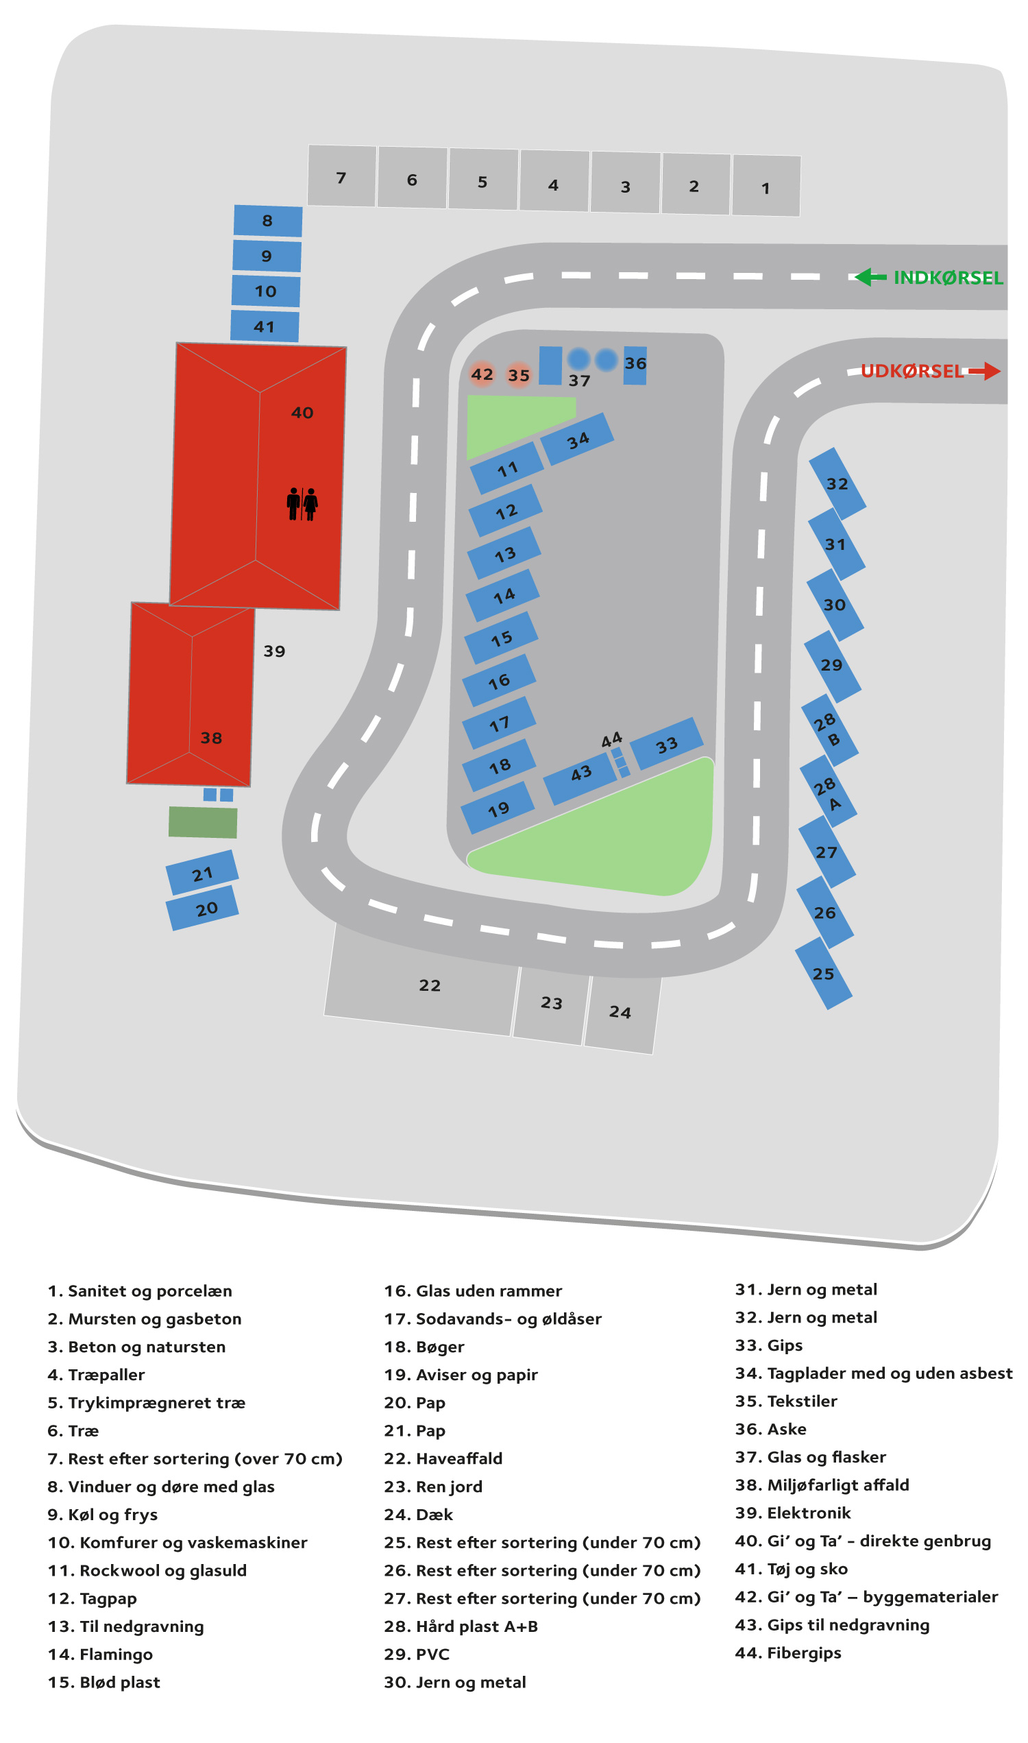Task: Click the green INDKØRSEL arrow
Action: pos(871,277)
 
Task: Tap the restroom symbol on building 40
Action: pos(302,505)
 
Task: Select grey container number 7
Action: pos(341,176)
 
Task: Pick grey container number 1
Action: pos(766,186)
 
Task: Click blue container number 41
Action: pos(265,326)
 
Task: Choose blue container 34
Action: pos(577,440)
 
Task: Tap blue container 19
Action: pos(498,808)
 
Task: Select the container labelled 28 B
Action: pos(830,730)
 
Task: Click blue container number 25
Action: pos(824,974)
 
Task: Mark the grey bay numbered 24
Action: pos(622,1013)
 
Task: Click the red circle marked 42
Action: pos(482,374)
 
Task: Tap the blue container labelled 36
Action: pos(635,365)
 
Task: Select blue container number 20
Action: pos(202,909)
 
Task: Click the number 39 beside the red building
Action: pos(274,651)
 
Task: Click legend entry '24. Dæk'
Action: pos(419,1515)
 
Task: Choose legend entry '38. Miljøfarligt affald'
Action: pos(822,1485)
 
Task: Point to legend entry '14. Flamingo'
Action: pos(101,1655)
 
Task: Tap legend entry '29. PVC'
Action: pos(417,1655)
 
